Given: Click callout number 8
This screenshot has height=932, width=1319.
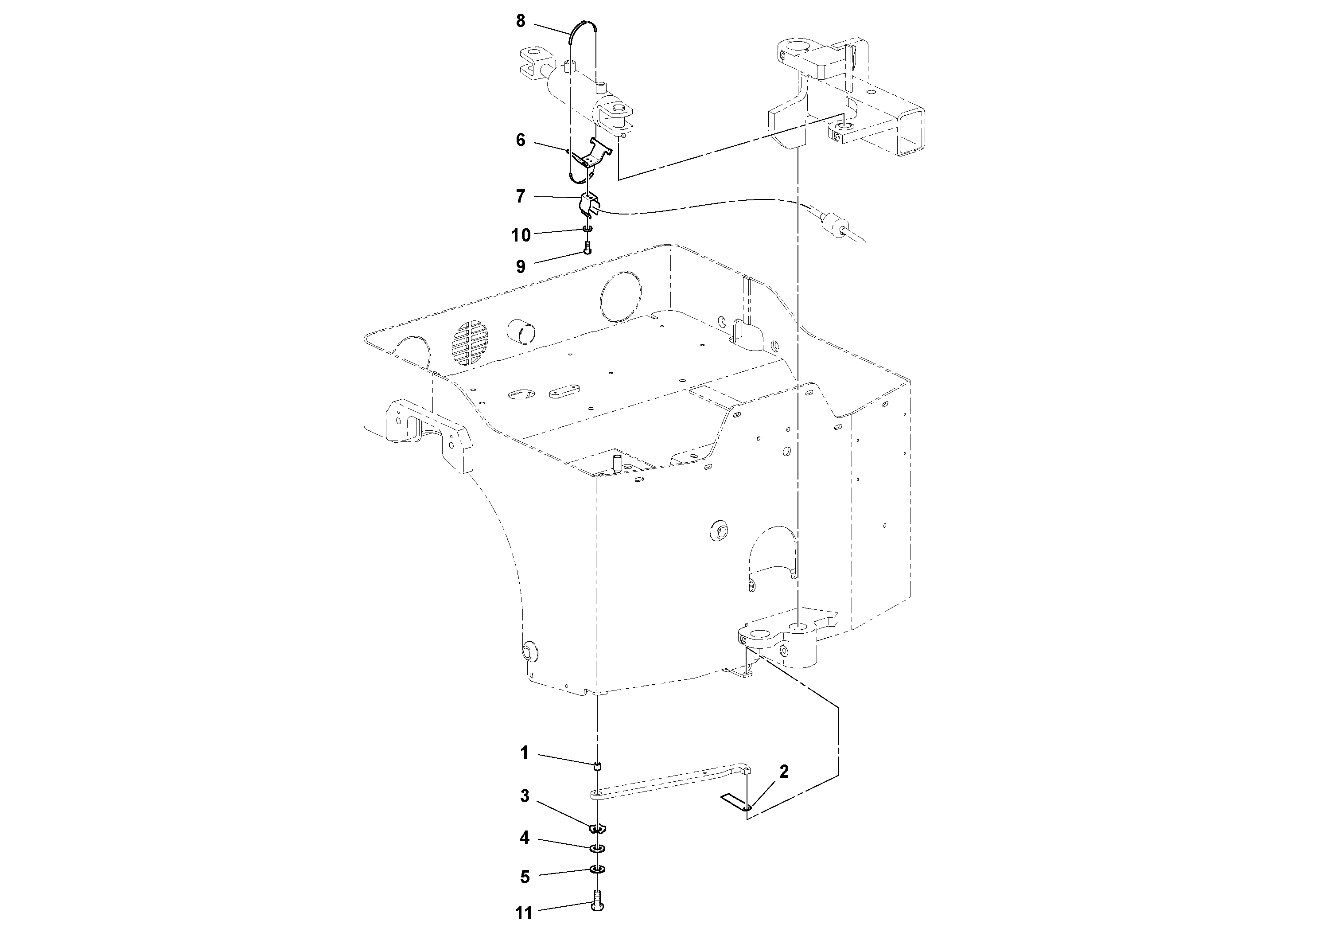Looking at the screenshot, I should (x=521, y=21).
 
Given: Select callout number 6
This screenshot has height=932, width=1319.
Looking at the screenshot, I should (x=521, y=140).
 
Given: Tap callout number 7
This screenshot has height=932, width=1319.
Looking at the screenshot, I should (x=521, y=196).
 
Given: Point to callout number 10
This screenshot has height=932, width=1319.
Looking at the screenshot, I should (x=521, y=234).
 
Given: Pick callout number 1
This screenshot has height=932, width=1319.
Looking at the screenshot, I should (x=524, y=753).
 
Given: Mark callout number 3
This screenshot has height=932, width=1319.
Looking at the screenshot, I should (x=524, y=796).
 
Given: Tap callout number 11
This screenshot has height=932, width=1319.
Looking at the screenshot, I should (x=524, y=913).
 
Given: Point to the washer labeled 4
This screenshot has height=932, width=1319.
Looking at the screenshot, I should (x=597, y=848).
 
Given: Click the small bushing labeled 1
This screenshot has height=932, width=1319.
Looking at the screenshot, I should (x=597, y=765).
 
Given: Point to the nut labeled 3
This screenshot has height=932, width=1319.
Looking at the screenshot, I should (x=597, y=828).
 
